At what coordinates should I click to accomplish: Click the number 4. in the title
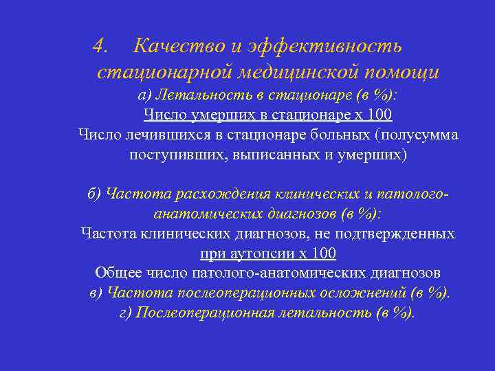(102, 47)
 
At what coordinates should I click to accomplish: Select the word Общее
(116, 273)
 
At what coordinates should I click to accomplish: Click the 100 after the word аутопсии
(323, 254)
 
